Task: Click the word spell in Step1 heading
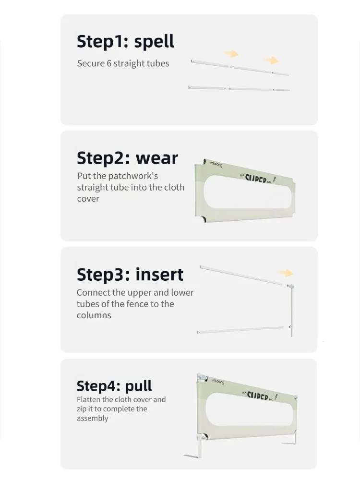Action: [154, 42]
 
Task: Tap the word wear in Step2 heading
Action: [157, 158]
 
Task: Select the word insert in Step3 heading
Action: [159, 274]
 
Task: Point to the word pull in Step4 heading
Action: [138, 386]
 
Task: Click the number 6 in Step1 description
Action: [109, 63]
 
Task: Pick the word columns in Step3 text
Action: [94, 315]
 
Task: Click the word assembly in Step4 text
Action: [93, 419]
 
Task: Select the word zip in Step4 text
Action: [82, 409]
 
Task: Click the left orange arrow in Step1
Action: [231, 54]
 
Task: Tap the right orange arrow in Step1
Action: [271, 60]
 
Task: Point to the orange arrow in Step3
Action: [286, 273]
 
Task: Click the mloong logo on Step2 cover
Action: [216, 164]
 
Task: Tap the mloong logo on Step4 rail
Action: [218, 382]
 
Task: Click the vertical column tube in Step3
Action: [291, 311]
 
